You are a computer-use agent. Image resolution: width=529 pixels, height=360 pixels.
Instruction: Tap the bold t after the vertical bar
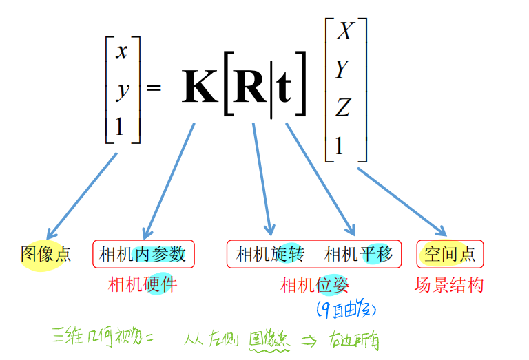click(284, 88)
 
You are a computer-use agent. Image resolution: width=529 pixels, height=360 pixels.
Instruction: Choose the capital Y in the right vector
click(342, 70)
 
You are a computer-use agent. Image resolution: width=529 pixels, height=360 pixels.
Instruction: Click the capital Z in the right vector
click(343, 107)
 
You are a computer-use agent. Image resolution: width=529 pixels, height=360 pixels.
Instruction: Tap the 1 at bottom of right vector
click(339, 145)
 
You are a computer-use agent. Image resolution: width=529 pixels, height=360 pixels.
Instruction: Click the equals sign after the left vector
click(154, 88)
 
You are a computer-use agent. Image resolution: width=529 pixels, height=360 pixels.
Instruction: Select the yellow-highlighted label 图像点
click(45, 255)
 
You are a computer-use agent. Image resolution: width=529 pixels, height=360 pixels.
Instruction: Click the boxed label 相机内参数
click(143, 255)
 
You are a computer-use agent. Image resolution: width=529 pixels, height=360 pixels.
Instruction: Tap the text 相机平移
click(358, 255)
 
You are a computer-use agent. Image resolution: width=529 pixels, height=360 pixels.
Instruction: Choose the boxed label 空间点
click(450, 255)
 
